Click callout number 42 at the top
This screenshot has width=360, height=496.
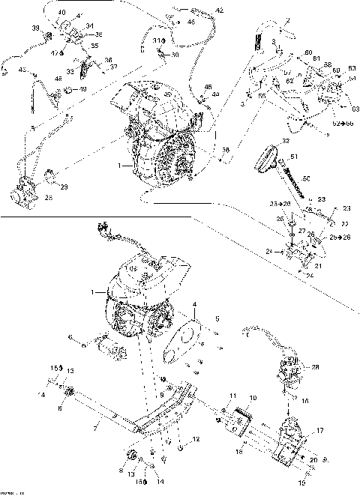click(x=219, y=10)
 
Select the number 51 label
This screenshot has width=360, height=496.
click(x=295, y=156)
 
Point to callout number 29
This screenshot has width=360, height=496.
click(x=64, y=186)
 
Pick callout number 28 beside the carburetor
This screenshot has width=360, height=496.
click(x=316, y=367)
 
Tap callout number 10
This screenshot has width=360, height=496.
click(x=253, y=397)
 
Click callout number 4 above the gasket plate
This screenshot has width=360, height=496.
click(x=195, y=304)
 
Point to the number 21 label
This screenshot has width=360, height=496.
click(x=317, y=266)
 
